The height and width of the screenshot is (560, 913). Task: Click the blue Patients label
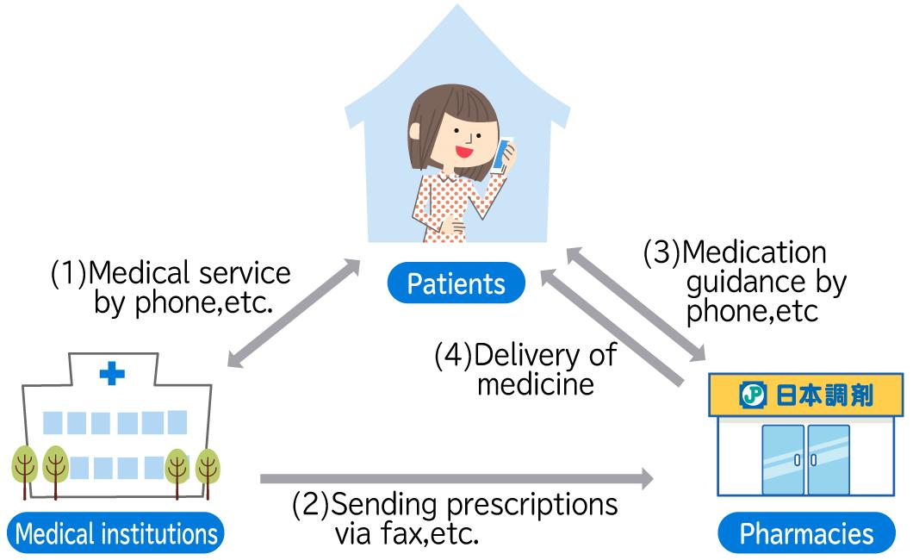tap(456, 283)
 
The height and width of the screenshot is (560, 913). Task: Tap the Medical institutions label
tap(117, 533)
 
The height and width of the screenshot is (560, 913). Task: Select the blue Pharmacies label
tap(805, 533)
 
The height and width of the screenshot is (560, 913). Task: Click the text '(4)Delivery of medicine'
tap(525, 369)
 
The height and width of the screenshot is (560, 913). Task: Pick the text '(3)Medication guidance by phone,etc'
tap(746, 282)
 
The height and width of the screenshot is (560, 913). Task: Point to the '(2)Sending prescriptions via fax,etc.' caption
tap(455, 519)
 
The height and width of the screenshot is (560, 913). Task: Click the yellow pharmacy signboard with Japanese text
tap(805, 395)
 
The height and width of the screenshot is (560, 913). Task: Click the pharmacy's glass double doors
tap(805, 459)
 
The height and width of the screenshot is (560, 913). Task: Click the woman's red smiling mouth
tap(465, 151)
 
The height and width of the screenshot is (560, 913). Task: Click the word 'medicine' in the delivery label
tap(535, 383)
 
